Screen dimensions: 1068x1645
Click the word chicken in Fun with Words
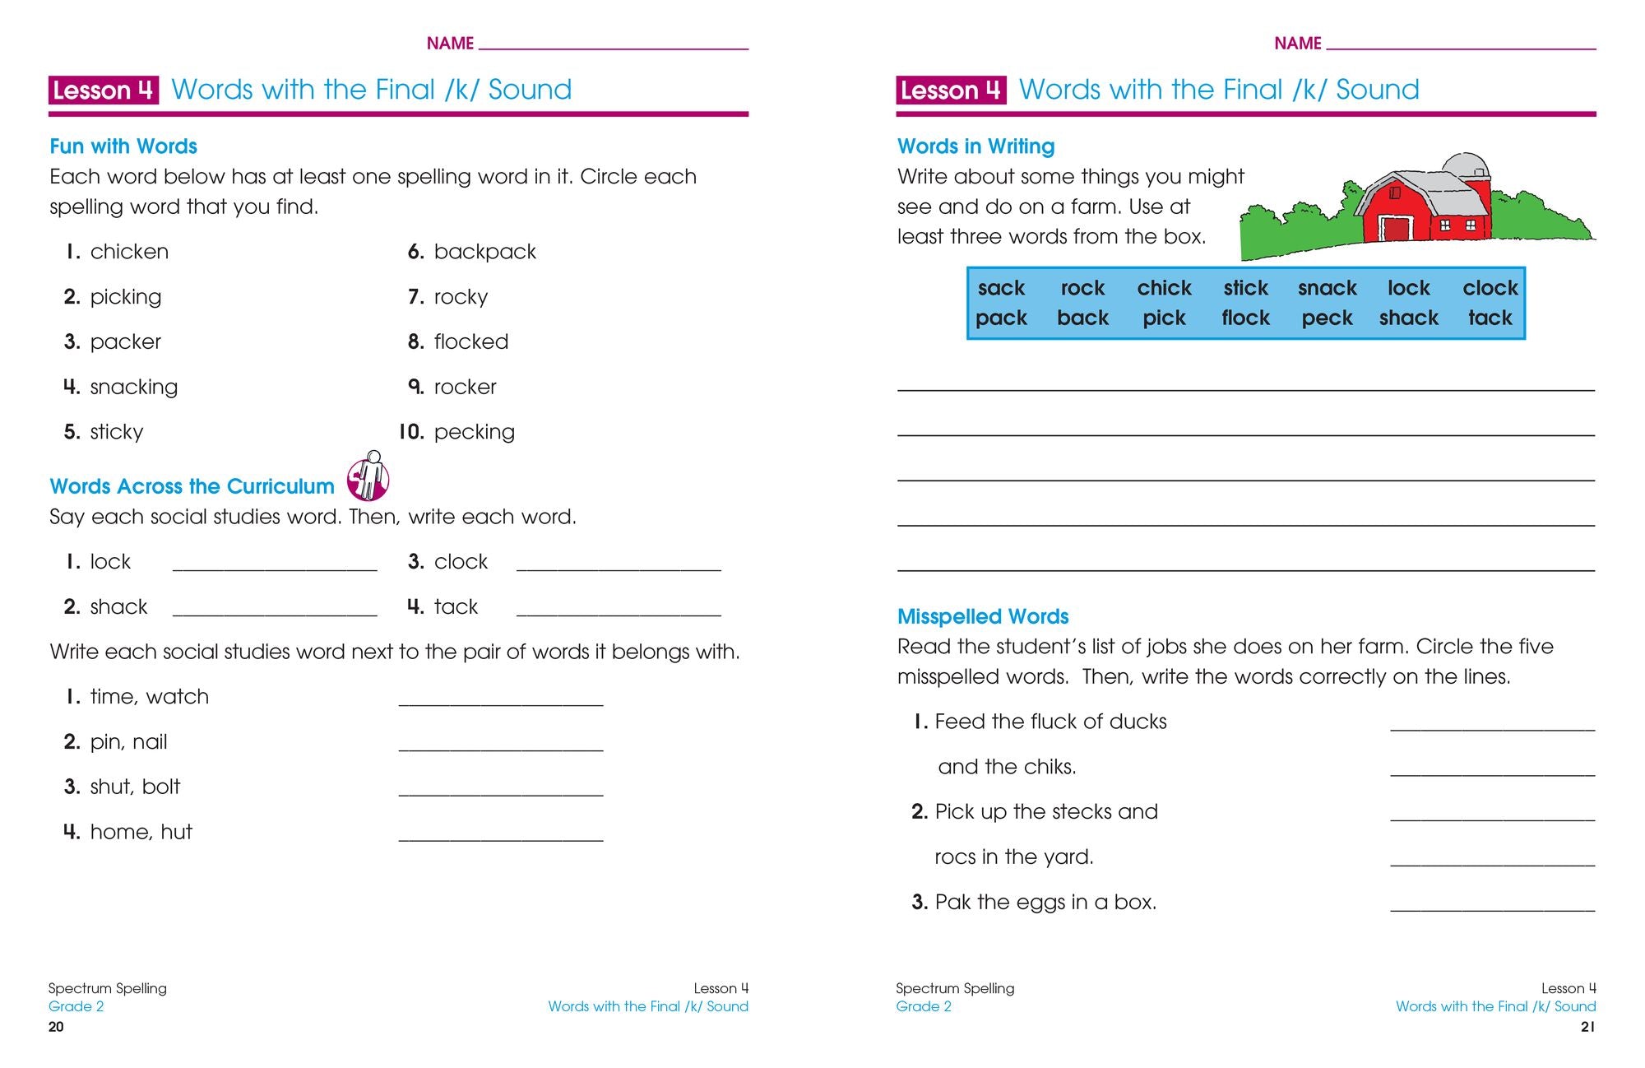[x=129, y=252]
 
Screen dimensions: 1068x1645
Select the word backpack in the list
[x=484, y=252]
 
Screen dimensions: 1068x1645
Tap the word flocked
[x=470, y=341]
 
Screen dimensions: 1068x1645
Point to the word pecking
[x=474, y=432]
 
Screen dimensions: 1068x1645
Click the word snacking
[x=133, y=387]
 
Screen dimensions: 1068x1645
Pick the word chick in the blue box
[x=1164, y=288]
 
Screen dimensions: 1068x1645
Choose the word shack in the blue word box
[x=1408, y=318]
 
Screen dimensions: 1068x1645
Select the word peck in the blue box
[x=1327, y=318]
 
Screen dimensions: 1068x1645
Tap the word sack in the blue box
[x=1001, y=288]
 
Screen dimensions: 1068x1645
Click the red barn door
[x=1395, y=228]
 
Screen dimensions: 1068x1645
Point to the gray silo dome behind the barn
[x=1467, y=164]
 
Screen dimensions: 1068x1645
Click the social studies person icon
[x=368, y=476]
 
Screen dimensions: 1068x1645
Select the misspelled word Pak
[x=953, y=903]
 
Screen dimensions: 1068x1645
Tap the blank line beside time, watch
[x=500, y=703]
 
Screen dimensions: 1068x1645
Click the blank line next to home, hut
[x=500, y=838]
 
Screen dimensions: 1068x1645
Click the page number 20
[x=56, y=1027]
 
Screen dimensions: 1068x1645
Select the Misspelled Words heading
[x=982, y=616]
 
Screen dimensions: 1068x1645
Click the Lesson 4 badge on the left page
[x=103, y=90]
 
